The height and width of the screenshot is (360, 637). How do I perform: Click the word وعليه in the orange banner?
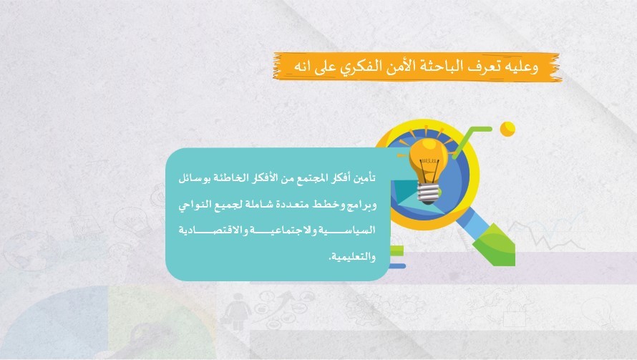(522, 67)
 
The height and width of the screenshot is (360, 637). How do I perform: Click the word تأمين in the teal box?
(364, 178)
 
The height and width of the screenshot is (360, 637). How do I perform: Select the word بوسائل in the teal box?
(194, 178)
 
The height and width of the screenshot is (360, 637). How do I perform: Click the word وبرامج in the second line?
(361, 205)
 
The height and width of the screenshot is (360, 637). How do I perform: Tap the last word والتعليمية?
(352, 256)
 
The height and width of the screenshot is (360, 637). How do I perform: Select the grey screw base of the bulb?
(429, 194)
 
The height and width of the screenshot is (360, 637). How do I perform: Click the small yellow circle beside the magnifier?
(507, 130)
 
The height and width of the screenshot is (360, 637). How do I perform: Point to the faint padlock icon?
(515, 314)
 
